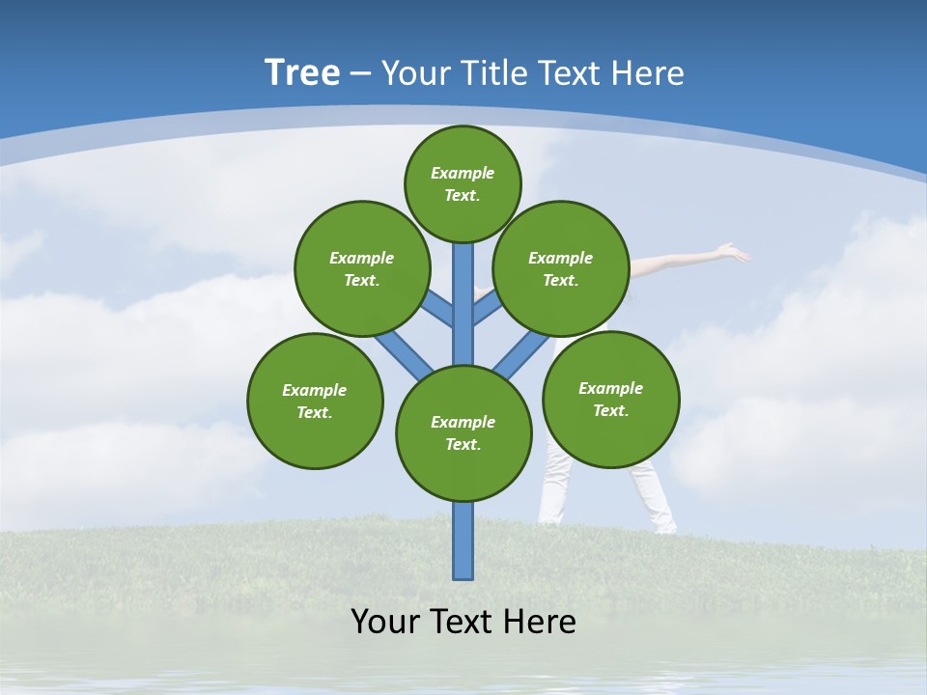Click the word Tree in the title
click(302, 73)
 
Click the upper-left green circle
click(362, 268)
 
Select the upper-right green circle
click(561, 268)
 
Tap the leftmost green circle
click(315, 401)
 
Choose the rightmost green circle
click(610, 399)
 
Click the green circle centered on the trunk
click(463, 432)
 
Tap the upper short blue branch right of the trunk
click(487, 308)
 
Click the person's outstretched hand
click(736, 253)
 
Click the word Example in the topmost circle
click(463, 173)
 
